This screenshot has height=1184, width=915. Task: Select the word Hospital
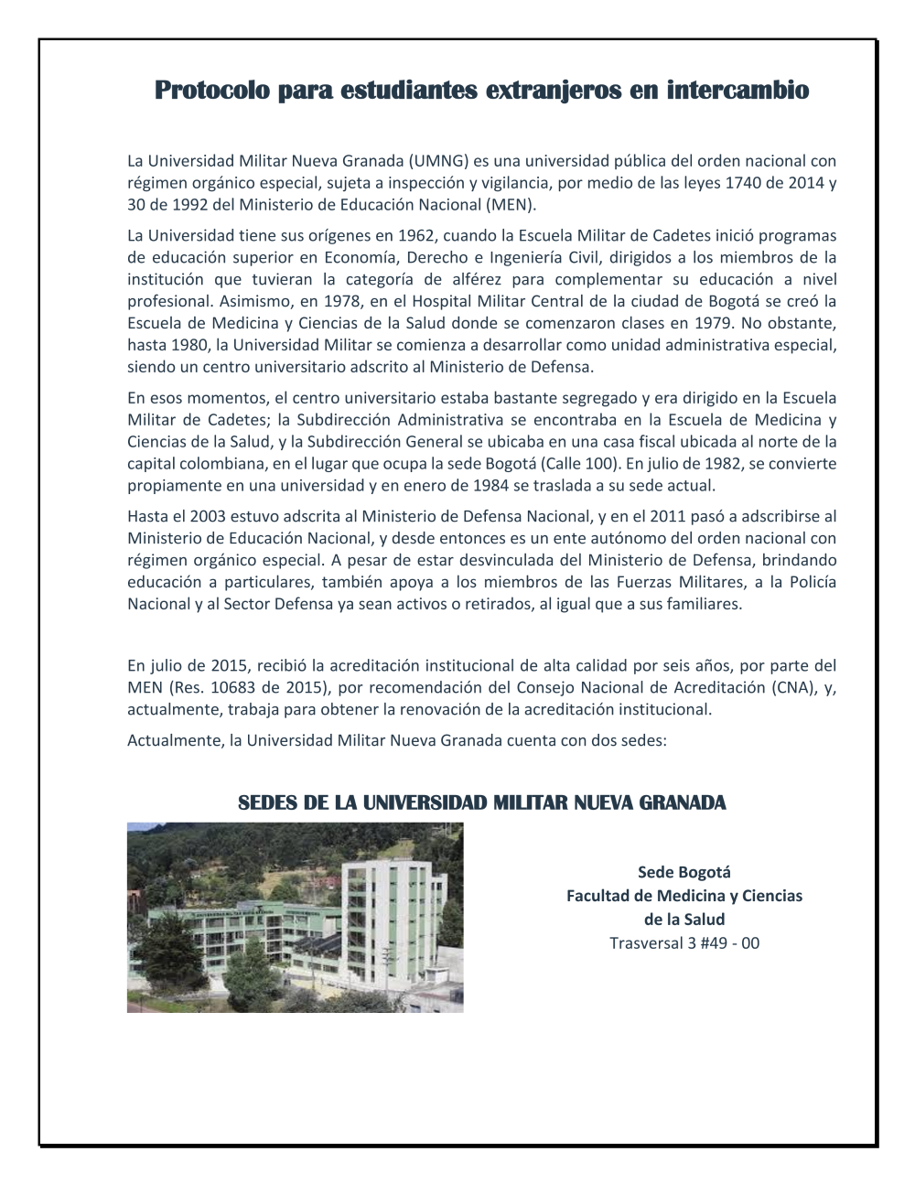(x=440, y=301)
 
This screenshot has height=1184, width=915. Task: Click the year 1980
(x=193, y=345)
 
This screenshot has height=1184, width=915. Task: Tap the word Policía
(x=812, y=582)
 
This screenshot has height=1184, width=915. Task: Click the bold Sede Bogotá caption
(x=684, y=873)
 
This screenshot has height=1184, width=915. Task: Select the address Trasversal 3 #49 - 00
(x=684, y=942)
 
